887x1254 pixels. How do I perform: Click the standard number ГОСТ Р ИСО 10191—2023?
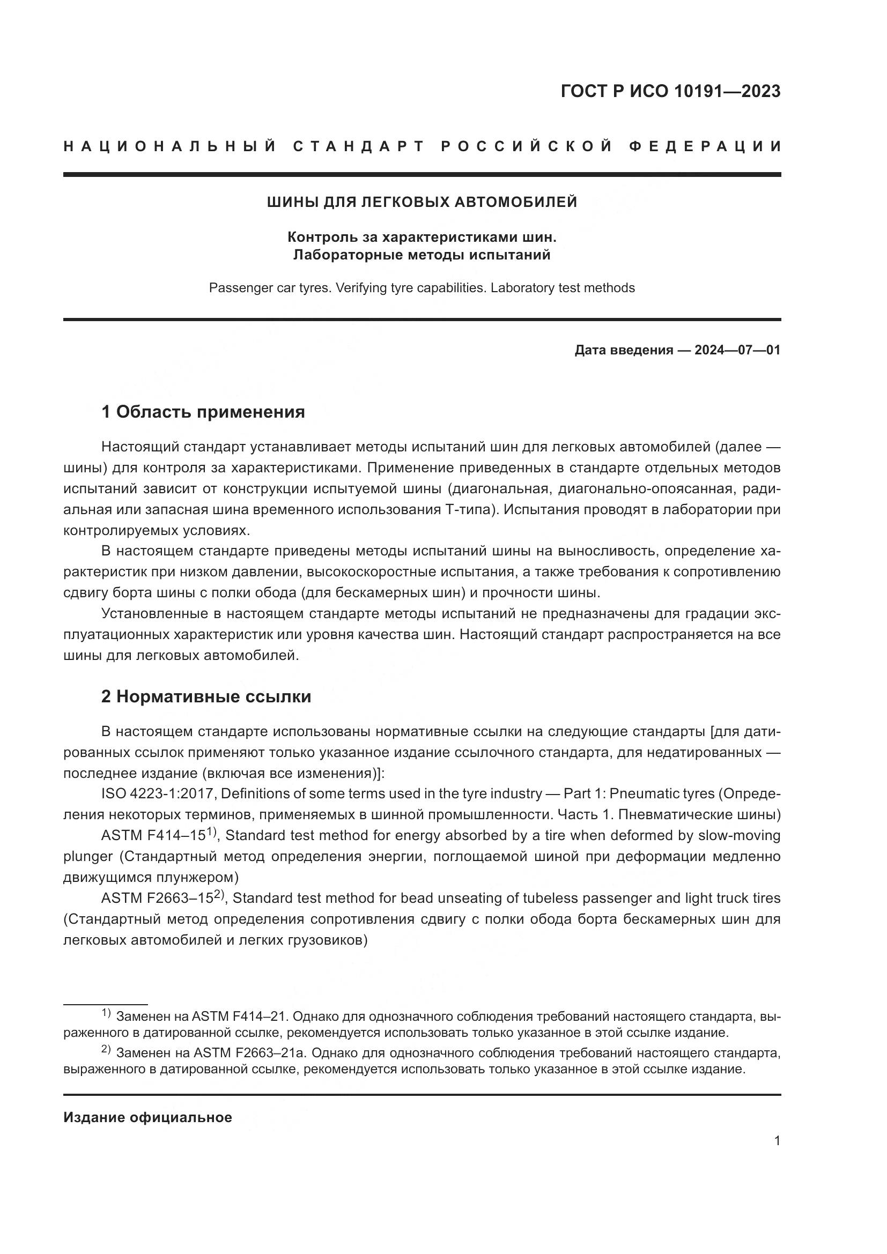670,91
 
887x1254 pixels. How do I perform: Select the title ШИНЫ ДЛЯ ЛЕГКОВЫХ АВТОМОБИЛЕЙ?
422,202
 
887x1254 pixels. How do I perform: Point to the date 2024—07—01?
737,350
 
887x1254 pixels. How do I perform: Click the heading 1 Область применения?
203,412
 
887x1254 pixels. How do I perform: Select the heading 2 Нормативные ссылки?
206,696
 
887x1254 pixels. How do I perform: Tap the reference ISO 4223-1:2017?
158,793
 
